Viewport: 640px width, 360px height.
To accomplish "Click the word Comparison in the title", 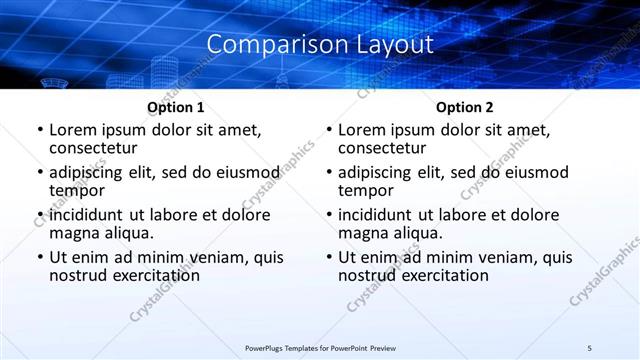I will pos(265,45).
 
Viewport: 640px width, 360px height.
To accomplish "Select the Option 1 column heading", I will pos(176,107).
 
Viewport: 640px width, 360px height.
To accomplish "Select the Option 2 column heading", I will pos(465,107).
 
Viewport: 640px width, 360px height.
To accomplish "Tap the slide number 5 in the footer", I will pos(589,347).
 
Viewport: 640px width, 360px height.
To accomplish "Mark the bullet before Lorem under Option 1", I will pos(39,130).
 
